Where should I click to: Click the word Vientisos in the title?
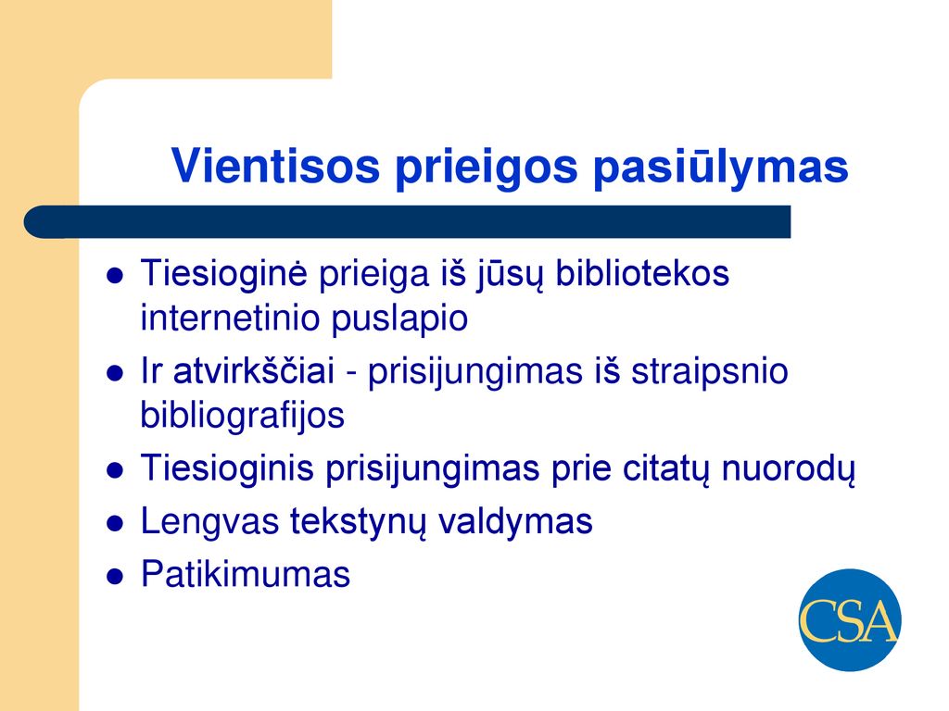coord(275,166)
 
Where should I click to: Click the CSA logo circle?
coord(850,619)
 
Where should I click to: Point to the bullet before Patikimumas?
coord(115,576)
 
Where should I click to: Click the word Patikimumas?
coord(245,573)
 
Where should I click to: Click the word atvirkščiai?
coord(254,370)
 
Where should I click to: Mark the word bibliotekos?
coord(642,273)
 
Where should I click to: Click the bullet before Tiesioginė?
coord(115,276)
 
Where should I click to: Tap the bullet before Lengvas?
coord(115,524)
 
